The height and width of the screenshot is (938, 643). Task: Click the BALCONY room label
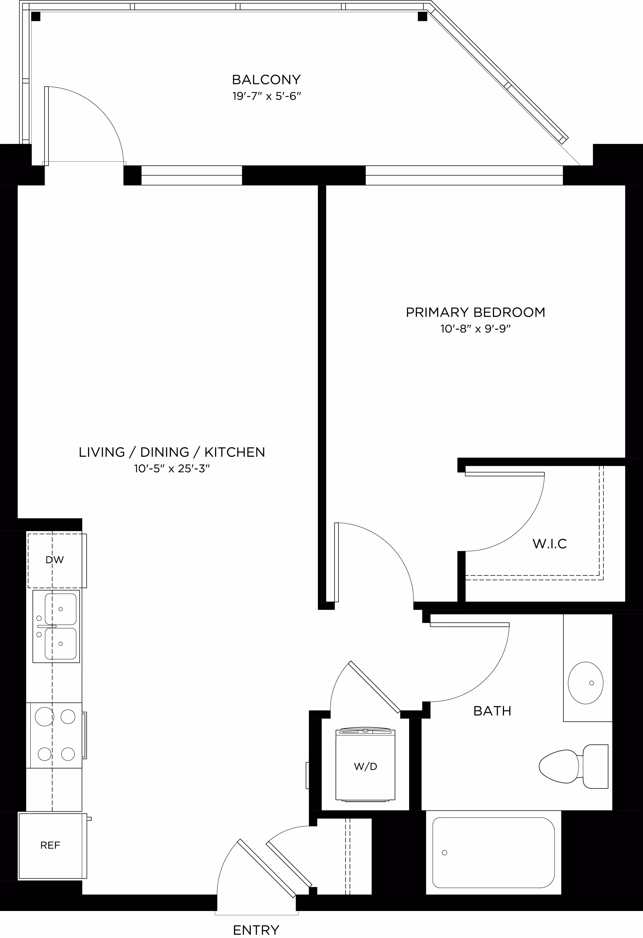click(266, 79)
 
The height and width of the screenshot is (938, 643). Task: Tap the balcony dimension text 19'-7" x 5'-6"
click(267, 96)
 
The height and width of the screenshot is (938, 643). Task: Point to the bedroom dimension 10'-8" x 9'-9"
click(476, 329)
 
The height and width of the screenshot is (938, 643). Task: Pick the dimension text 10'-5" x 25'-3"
click(172, 469)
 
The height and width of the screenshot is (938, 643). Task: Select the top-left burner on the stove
click(44, 717)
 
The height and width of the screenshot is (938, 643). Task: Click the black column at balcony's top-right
click(422, 16)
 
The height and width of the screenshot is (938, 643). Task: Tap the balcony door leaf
click(47, 126)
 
